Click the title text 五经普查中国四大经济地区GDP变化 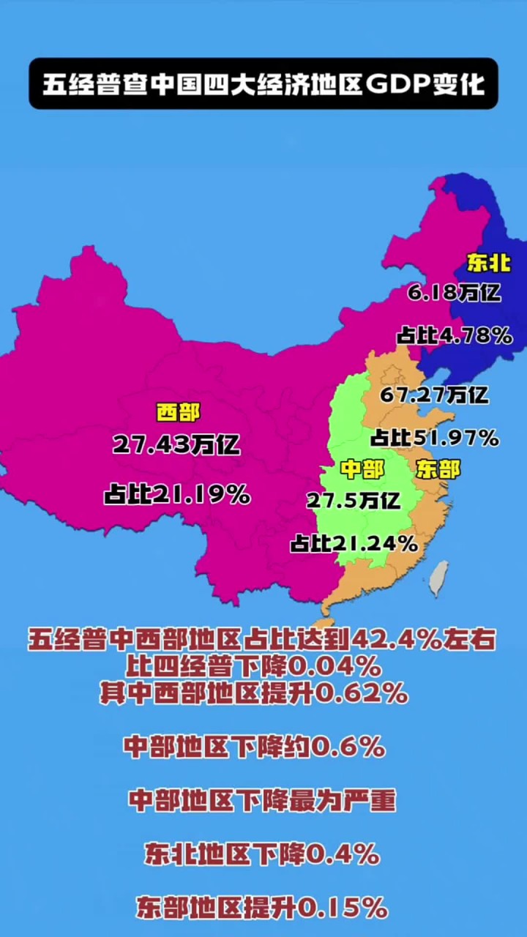(263, 84)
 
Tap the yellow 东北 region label (488, 264)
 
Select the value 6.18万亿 (455, 294)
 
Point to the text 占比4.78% (454, 336)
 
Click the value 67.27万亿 (434, 395)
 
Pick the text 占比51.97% (435, 438)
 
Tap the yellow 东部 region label (438, 469)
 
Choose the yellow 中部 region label (362, 469)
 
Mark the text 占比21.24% (354, 544)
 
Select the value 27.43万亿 (176, 444)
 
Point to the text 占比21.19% (177, 496)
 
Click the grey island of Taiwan (438, 578)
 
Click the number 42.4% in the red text (396, 641)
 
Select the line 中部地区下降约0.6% (254, 747)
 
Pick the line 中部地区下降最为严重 (262, 801)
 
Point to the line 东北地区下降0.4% (262, 854)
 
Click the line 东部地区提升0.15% (262, 908)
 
